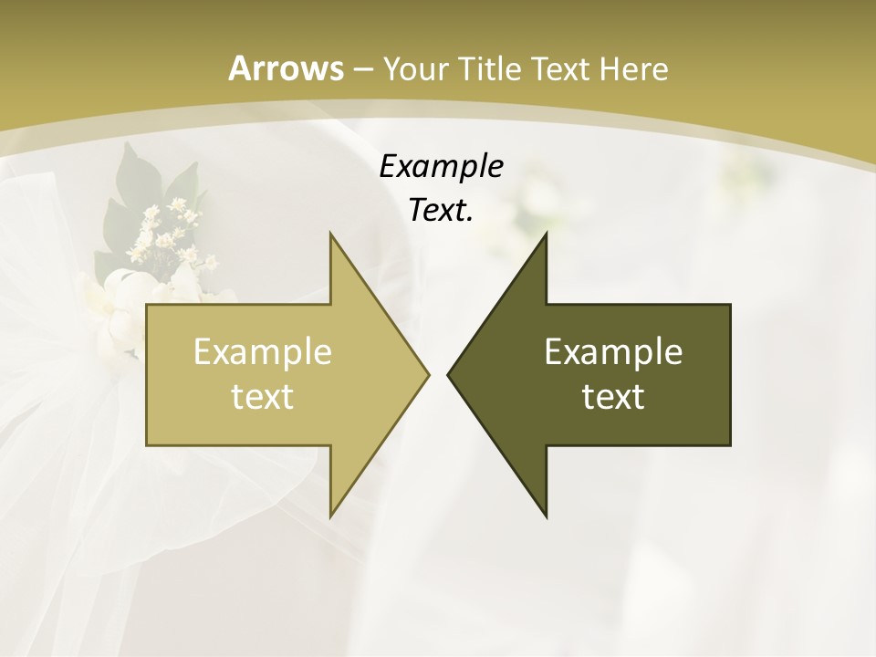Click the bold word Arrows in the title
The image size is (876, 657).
point(286,68)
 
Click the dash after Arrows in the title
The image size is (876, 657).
point(362,69)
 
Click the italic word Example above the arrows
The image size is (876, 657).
point(442,166)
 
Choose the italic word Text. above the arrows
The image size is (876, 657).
point(442,211)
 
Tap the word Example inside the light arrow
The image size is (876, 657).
point(263,351)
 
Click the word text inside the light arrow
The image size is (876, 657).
point(263,396)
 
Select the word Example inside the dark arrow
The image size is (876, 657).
point(613,351)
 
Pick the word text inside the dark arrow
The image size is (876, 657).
point(613,396)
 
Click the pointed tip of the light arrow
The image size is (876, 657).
point(428,374)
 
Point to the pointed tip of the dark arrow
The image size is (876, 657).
point(448,374)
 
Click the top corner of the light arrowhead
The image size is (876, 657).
point(330,234)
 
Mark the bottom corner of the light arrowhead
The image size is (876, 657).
point(330,516)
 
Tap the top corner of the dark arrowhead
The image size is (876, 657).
point(546,234)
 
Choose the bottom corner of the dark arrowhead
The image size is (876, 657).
point(546,516)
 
